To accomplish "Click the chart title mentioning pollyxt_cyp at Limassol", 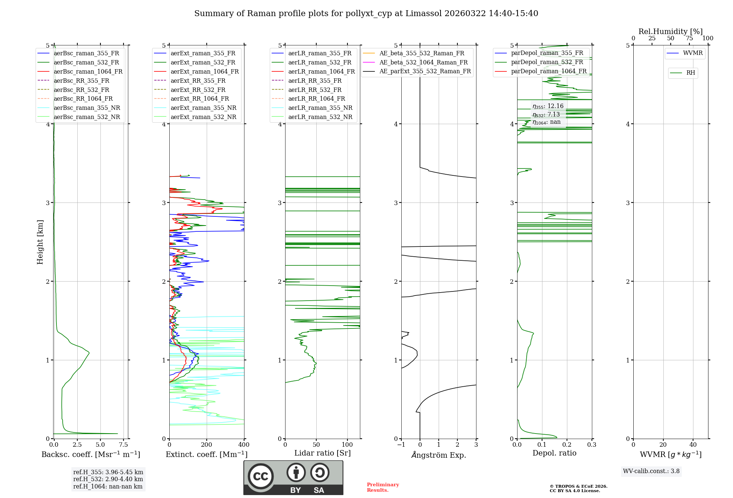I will point(366,14).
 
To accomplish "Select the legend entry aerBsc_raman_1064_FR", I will point(88,72).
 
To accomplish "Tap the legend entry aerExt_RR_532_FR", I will point(198,90).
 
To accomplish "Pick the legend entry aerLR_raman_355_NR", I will point(320,108).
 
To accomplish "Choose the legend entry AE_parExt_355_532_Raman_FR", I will point(425,71).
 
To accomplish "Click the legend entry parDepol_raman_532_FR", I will point(547,62).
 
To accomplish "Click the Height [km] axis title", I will point(40,242).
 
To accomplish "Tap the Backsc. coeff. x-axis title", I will point(91,454).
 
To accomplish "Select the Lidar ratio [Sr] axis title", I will point(323,453).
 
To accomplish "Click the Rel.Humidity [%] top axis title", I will point(670,31).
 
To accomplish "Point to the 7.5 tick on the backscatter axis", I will point(124,445).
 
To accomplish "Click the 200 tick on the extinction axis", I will point(207,445).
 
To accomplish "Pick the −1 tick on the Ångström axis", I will point(401,445).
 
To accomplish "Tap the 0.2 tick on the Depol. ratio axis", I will point(567,445).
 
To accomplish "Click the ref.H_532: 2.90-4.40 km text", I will point(108,479).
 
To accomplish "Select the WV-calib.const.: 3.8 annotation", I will point(651,471).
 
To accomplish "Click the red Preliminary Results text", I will point(383,487).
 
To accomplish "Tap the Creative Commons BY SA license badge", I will point(293,477).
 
